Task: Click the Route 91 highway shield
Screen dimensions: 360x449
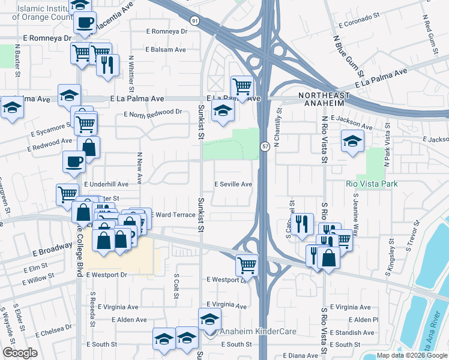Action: tap(194, 20)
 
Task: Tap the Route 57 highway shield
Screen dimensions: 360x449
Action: tap(264, 146)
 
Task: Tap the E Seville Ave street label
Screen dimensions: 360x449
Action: tap(234, 184)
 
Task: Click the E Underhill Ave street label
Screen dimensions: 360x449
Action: tap(106, 184)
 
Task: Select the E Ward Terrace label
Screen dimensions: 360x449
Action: tap(172, 214)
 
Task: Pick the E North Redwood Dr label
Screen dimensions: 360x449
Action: tap(152, 112)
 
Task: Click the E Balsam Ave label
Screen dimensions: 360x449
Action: tap(166, 50)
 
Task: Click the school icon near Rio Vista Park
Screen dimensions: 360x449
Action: tap(352, 142)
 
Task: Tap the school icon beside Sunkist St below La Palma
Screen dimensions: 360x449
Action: tap(223, 111)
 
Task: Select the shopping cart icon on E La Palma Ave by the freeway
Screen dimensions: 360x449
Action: tap(242, 87)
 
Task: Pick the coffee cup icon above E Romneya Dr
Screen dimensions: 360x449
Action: tap(85, 23)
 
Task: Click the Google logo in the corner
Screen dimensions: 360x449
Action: tap(20, 353)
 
